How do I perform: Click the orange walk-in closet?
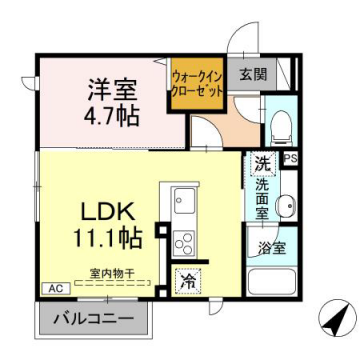point(196,86)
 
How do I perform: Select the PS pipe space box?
point(290,158)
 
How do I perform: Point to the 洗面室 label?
point(261,198)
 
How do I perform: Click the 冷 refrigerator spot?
point(186,282)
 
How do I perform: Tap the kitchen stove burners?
point(184,241)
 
